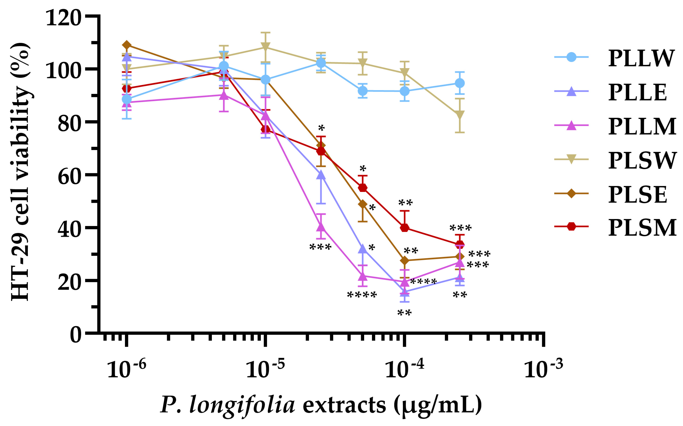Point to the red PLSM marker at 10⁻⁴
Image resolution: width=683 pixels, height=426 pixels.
pos(405,228)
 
